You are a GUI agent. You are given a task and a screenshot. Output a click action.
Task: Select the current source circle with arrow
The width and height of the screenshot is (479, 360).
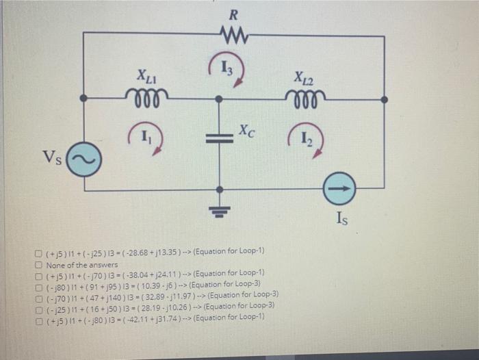point(340,189)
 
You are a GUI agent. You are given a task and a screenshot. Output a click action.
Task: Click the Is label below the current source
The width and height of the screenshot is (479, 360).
point(344,218)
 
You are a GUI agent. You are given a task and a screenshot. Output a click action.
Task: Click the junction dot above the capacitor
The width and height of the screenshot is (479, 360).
point(220,99)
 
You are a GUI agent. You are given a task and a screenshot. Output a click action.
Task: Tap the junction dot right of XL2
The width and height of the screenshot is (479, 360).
point(384,99)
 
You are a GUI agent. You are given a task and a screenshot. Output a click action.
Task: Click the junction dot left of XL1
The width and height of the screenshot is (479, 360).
point(83,99)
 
